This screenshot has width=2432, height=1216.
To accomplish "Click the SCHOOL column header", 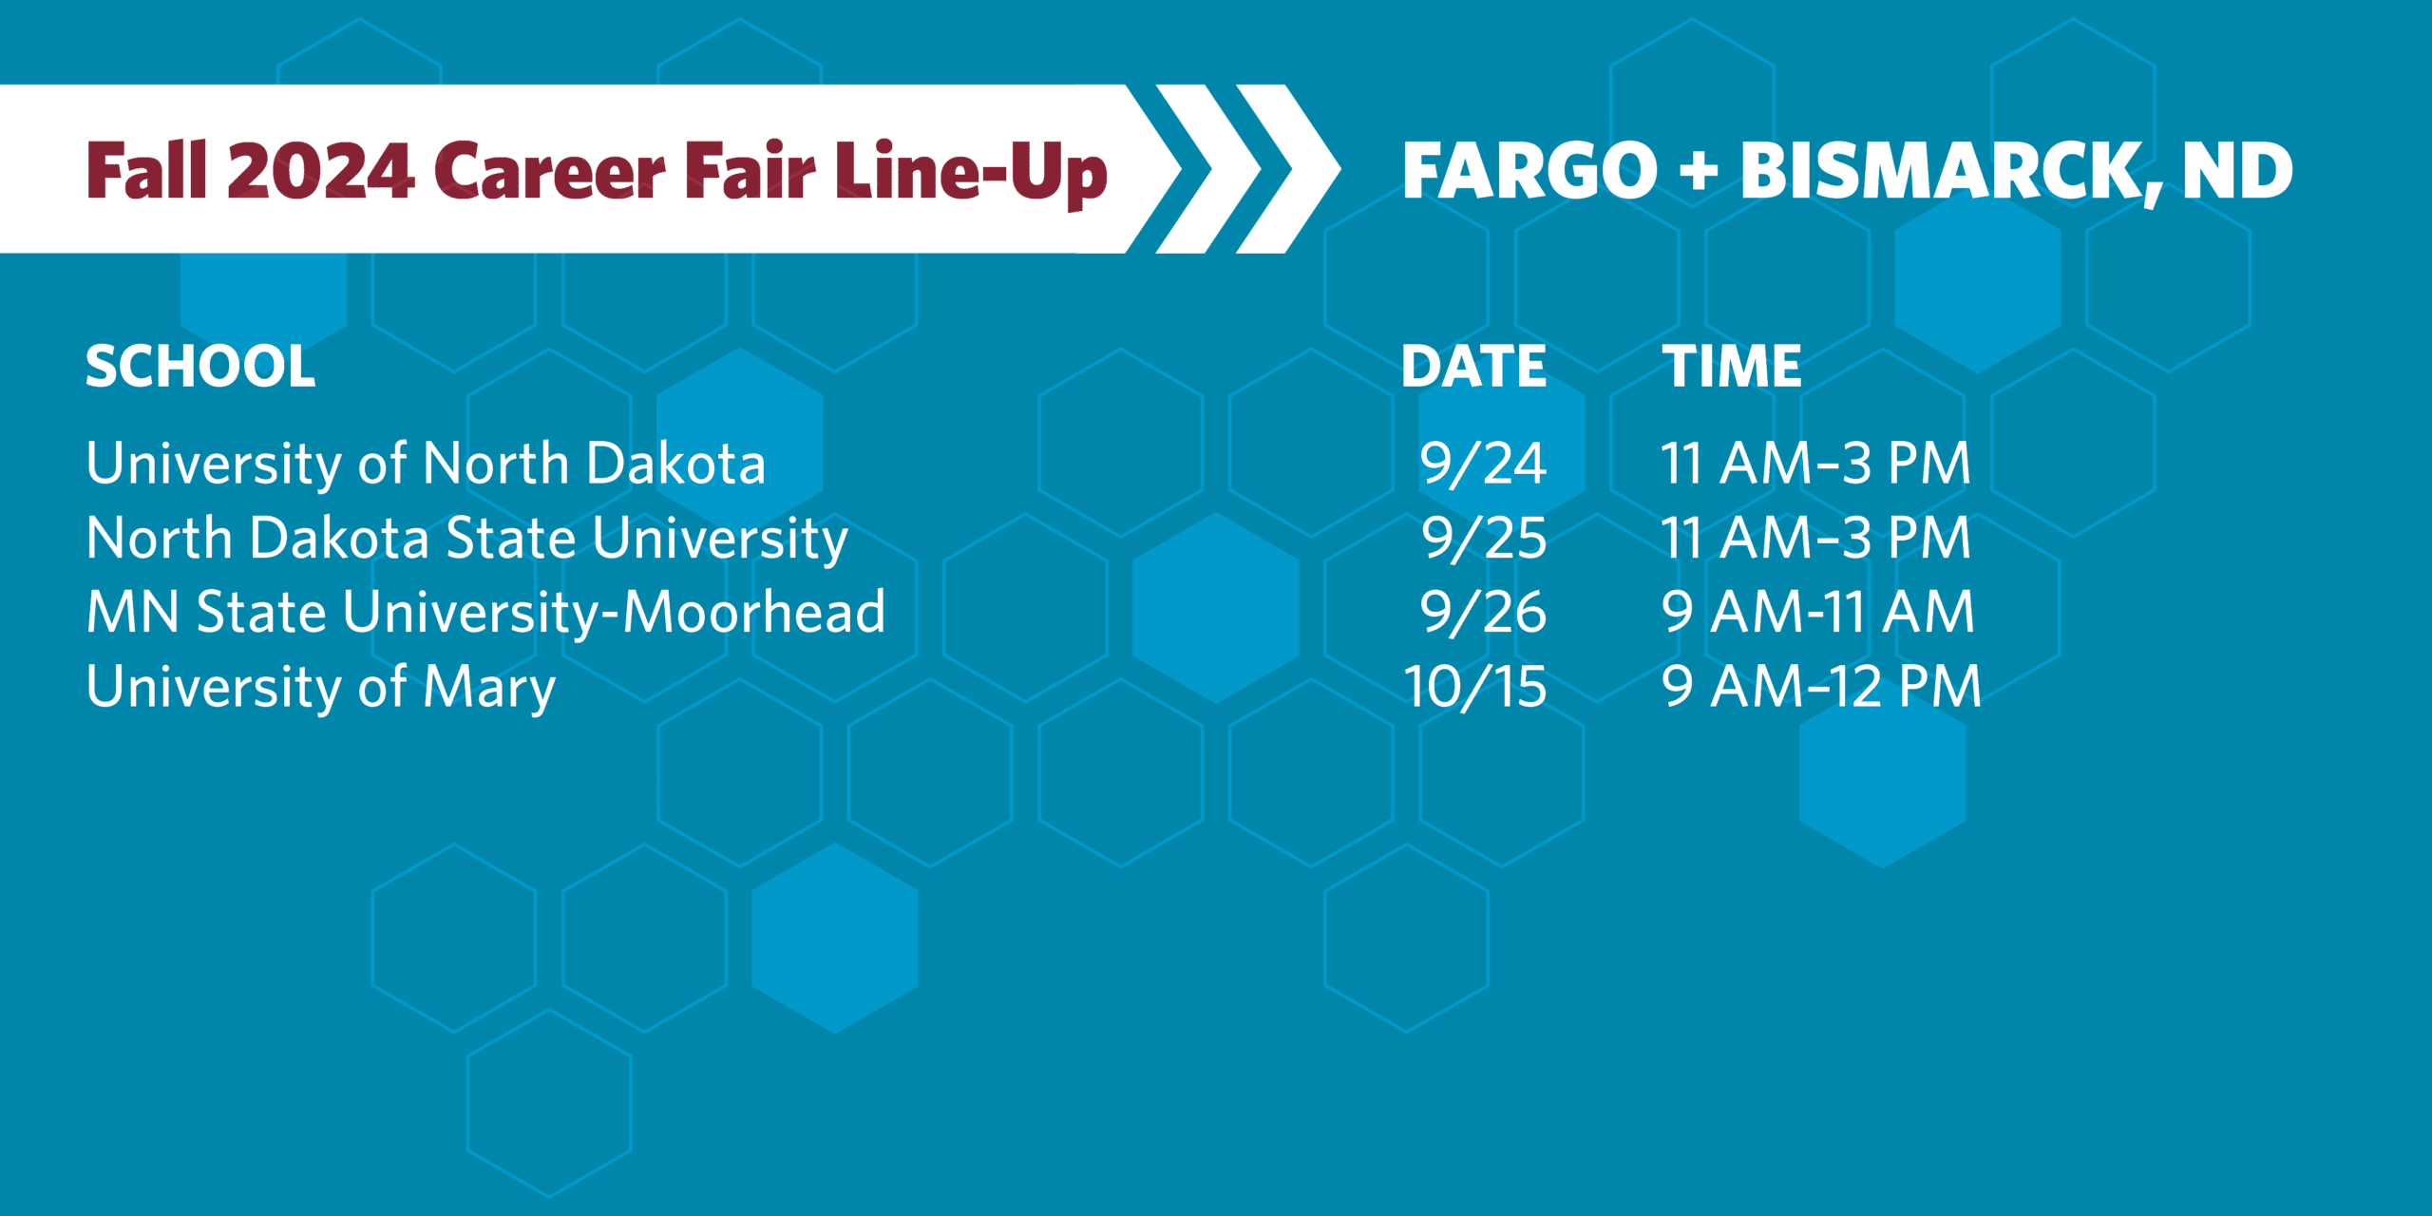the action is (x=200, y=367).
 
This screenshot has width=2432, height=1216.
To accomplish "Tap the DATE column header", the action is (x=1473, y=367).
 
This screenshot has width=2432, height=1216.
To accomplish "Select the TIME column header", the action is (x=1731, y=367).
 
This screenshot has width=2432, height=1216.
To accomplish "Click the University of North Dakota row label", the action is (x=426, y=465).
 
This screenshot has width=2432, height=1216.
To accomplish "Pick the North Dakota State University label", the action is (x=466, y=540).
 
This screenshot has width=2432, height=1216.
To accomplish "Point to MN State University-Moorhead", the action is (x=485, y=612).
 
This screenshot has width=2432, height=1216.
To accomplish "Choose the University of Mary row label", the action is (x=320, y=688).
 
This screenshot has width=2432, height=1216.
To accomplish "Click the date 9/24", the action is (x=1483, y=465).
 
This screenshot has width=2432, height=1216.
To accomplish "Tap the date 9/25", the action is (x=1484, y=539).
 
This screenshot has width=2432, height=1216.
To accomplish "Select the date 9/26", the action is (x=1483, y=612).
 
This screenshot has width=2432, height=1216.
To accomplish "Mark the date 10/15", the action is (x=1475, y=687).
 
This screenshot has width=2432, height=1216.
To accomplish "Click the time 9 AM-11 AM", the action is (x=1818, y=612).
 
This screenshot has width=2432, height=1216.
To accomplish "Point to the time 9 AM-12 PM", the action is (x=1822, y=687).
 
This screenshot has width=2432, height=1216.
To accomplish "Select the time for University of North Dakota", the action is (x=1815, y=464).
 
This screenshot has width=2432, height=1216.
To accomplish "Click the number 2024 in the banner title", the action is (x=320, y=171).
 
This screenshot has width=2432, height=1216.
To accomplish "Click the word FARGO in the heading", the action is (x=1529, y=171).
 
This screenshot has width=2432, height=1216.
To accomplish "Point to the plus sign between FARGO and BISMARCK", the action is (x=1699, y=173).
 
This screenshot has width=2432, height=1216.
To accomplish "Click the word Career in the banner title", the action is (x=550, y=172).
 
